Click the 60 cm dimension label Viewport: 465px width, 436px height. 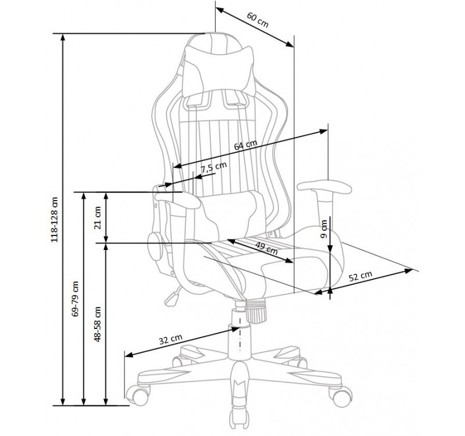coord(257,20)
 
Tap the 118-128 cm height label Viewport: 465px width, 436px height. coord(55,220)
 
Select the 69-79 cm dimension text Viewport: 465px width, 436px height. coord(76,299)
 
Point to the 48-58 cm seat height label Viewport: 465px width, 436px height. coord(98,324)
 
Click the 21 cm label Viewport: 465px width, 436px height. coord(98,217)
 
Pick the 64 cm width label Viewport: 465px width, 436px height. coord(245,145)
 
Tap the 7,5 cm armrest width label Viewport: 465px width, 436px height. coord(213,168)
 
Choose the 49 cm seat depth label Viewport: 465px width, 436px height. coord(266,248)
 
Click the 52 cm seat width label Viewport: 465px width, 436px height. coord(360,276)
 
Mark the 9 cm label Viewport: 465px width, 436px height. coord(324,229)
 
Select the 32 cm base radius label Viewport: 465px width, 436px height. coord(170,339)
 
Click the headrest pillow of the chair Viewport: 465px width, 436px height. coord(220,72)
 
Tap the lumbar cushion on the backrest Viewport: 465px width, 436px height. coord(231,215)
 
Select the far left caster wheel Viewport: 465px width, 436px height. coord(137,395)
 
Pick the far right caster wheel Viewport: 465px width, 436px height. coord(341,396)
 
